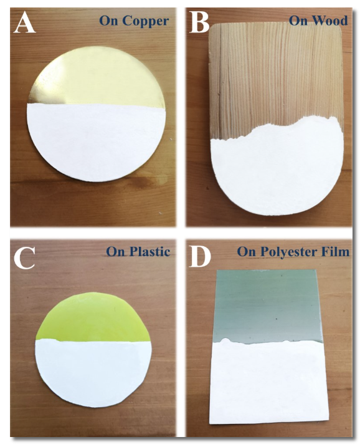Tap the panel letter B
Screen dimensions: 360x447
coord(199,23)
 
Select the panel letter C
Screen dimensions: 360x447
coord(24,258)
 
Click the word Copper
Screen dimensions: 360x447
coord(146,21)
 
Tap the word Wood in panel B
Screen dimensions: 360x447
coord(330,21)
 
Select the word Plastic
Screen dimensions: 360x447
coord(150,252)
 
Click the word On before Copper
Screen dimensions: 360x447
coord(110,21)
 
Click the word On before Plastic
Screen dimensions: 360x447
coord(116,252)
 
